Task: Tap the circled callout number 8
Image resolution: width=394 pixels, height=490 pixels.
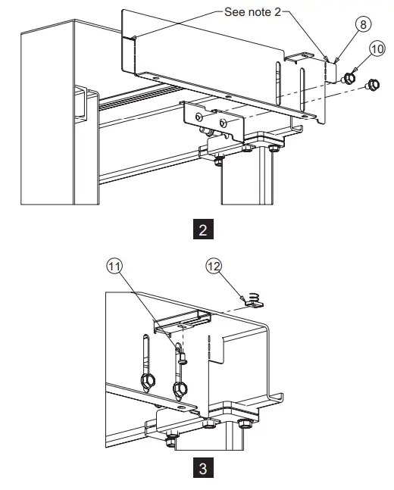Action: (x=363, y=25)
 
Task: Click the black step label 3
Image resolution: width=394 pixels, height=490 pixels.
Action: (x=202, y=469)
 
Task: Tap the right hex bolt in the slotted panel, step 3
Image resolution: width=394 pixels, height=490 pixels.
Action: (x=180, y=392)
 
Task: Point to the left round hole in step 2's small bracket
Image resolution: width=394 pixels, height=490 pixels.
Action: (x=199, y=117)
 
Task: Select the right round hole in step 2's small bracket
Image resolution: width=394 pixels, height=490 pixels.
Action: (x=222, y=122)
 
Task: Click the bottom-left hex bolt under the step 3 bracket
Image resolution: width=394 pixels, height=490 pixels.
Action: (x=171, y=435)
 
